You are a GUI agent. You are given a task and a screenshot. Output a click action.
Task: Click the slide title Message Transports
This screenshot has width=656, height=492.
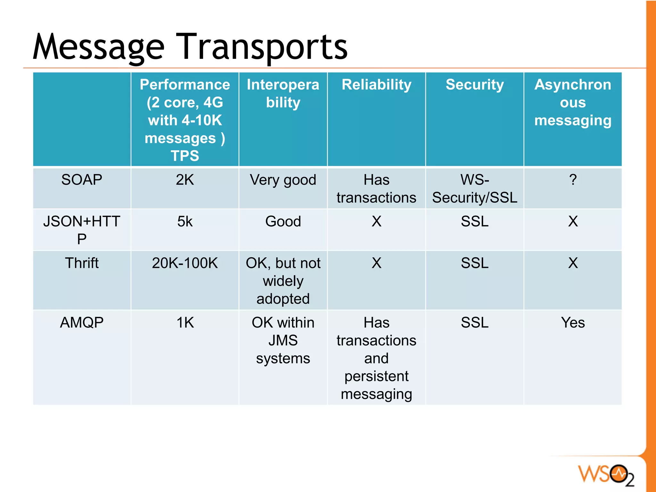click(x=190, y=47)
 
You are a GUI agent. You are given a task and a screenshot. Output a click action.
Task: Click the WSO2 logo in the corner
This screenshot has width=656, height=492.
click(x=605, y=475)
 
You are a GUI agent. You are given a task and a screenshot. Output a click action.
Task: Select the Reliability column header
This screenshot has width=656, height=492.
click(x=376, y=85)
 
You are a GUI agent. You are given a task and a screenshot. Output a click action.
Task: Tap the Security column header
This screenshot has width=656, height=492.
click(x=474, y=85)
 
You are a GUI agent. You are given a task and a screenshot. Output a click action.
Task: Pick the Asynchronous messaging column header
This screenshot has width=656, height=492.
click(x=573, y=102)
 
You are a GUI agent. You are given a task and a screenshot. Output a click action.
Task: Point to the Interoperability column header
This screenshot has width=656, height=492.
click(x=283, y=93)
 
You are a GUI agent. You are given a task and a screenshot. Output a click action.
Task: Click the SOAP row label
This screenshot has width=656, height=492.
click(x=82, y=180)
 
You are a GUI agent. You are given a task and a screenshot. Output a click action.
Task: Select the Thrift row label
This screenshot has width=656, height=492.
click(x=82, y=263)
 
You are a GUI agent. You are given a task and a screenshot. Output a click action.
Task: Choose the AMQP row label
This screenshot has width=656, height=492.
click(x=82, y=323)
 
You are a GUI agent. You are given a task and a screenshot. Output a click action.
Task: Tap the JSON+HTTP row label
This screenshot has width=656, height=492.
click(x=82, y=230)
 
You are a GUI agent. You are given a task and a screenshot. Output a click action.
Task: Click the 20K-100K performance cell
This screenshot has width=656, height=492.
click(x=185, y=263)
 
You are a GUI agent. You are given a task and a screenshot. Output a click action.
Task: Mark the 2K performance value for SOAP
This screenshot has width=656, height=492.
click(x=185, y=180)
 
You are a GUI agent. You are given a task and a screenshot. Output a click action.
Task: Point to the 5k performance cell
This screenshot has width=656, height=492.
click(x=185, y=222)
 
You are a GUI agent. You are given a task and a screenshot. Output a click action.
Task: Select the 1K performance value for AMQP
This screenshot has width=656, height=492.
click(x=185, y=323)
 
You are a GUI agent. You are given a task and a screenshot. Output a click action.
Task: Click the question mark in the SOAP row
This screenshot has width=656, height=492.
click(x=573, y=180)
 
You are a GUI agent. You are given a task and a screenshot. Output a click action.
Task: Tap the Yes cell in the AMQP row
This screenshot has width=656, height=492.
click(x=573, y=323)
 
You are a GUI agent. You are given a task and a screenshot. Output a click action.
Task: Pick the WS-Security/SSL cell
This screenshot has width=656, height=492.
click(x=474, y=189)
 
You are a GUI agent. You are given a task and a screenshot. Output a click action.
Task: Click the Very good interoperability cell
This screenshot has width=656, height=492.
click(x=283, y=180)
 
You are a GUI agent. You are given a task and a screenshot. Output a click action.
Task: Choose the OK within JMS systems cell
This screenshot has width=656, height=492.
click(x=283, y=340)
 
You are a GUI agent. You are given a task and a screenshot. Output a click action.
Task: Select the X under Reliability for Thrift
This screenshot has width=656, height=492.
click(x=376, y=263)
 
